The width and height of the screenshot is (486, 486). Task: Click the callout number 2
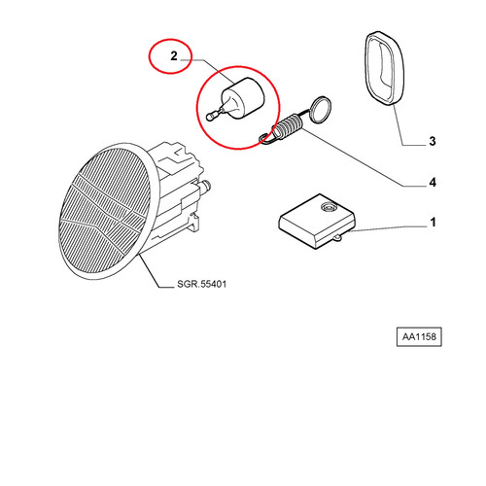(174, 56)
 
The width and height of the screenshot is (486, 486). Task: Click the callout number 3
(433, 141)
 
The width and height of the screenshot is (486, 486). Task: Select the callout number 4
(433, 183)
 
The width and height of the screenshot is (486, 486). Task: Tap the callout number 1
(433, 223)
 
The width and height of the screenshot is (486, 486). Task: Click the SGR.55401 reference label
(201, 284)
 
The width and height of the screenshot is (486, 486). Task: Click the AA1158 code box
(419, 336)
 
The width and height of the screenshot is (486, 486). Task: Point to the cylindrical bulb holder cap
(243, 98)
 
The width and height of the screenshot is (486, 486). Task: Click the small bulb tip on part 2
(210, 117)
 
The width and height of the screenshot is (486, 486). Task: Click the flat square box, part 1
(317, 222)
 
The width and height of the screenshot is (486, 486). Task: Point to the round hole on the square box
(329, 207)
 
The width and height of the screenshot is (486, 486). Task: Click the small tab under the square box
(337, 238)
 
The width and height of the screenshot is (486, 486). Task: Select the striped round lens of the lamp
(104, 211)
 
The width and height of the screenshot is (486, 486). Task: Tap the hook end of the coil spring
(266, 138)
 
